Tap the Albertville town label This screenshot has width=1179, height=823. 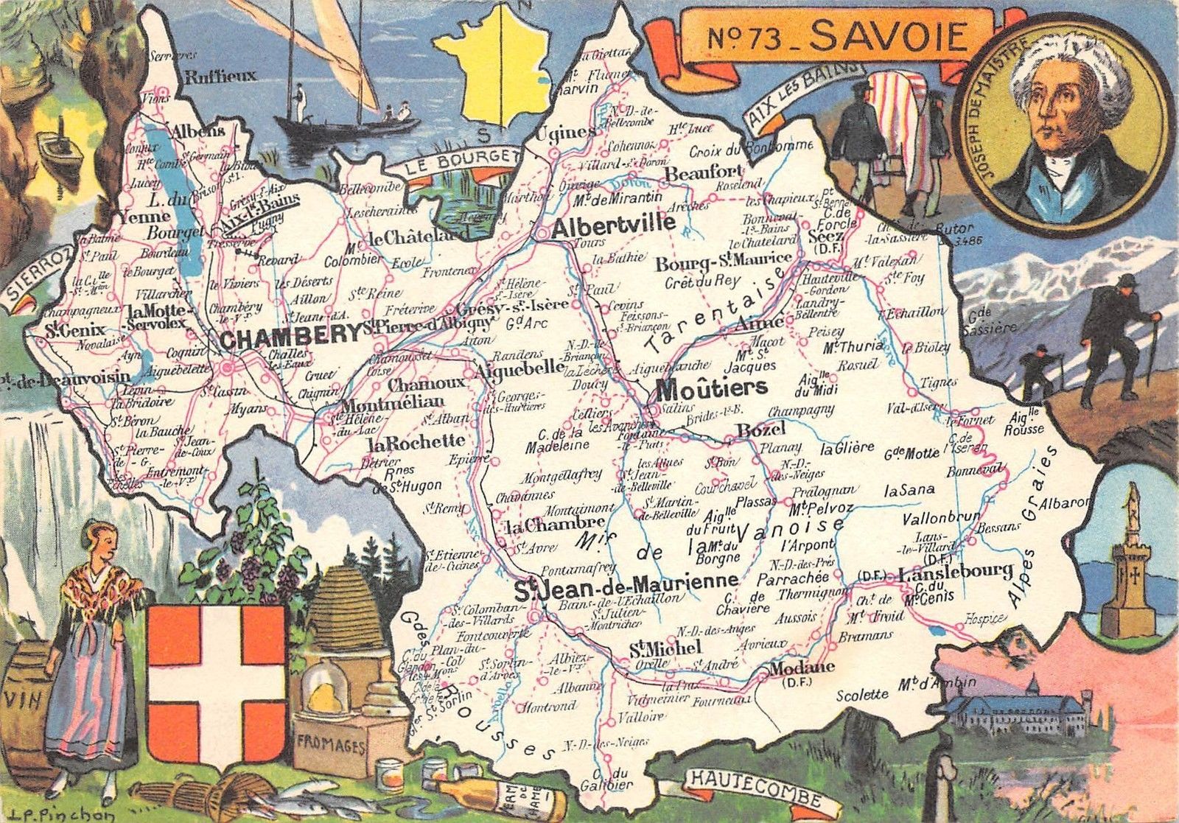613,224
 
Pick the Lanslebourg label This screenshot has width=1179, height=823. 956,571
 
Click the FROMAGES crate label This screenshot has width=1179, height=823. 329,746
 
